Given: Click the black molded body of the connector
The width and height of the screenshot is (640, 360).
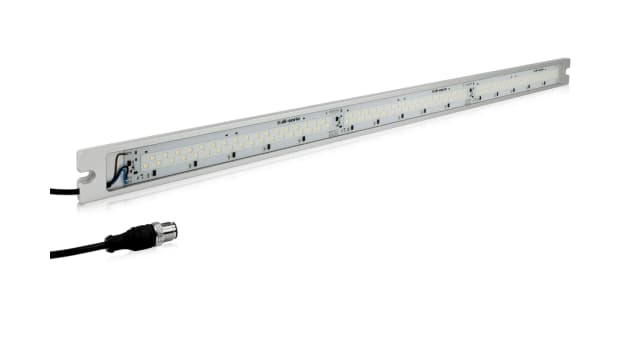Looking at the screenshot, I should [x=140, y=238].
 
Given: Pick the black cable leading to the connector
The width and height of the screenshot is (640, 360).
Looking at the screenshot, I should [x=75, y=251].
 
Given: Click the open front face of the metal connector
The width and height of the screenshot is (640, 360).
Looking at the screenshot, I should [x=176, y=232].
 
